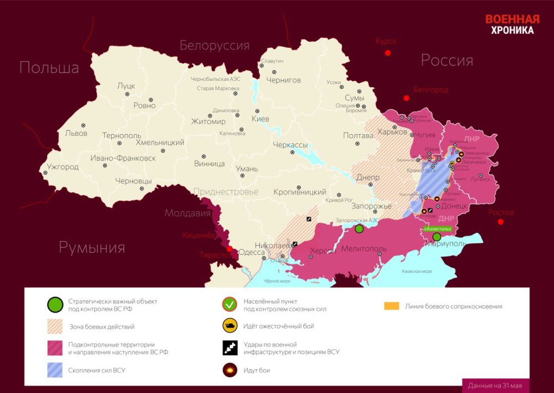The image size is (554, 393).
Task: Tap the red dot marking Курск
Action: pos(388,53)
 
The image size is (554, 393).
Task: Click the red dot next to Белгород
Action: pos(406,98)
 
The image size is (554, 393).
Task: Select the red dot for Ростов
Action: pos(500,222)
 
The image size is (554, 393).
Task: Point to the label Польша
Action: pos(49,68)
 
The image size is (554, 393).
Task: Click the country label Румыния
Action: pos(92,247)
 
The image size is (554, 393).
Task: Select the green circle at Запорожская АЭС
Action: pos(359,228)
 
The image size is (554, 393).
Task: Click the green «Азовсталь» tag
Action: pos(438,228)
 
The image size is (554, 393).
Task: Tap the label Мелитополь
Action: pos(363,248)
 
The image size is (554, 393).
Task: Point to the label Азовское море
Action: pos(416,272)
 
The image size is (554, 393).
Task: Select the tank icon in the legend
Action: pos(229,326)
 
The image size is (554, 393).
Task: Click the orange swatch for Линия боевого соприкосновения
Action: pos(392,306)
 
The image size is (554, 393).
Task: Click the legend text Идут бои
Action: pos(256,370)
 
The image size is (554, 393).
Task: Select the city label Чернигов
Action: pos(284,80)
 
